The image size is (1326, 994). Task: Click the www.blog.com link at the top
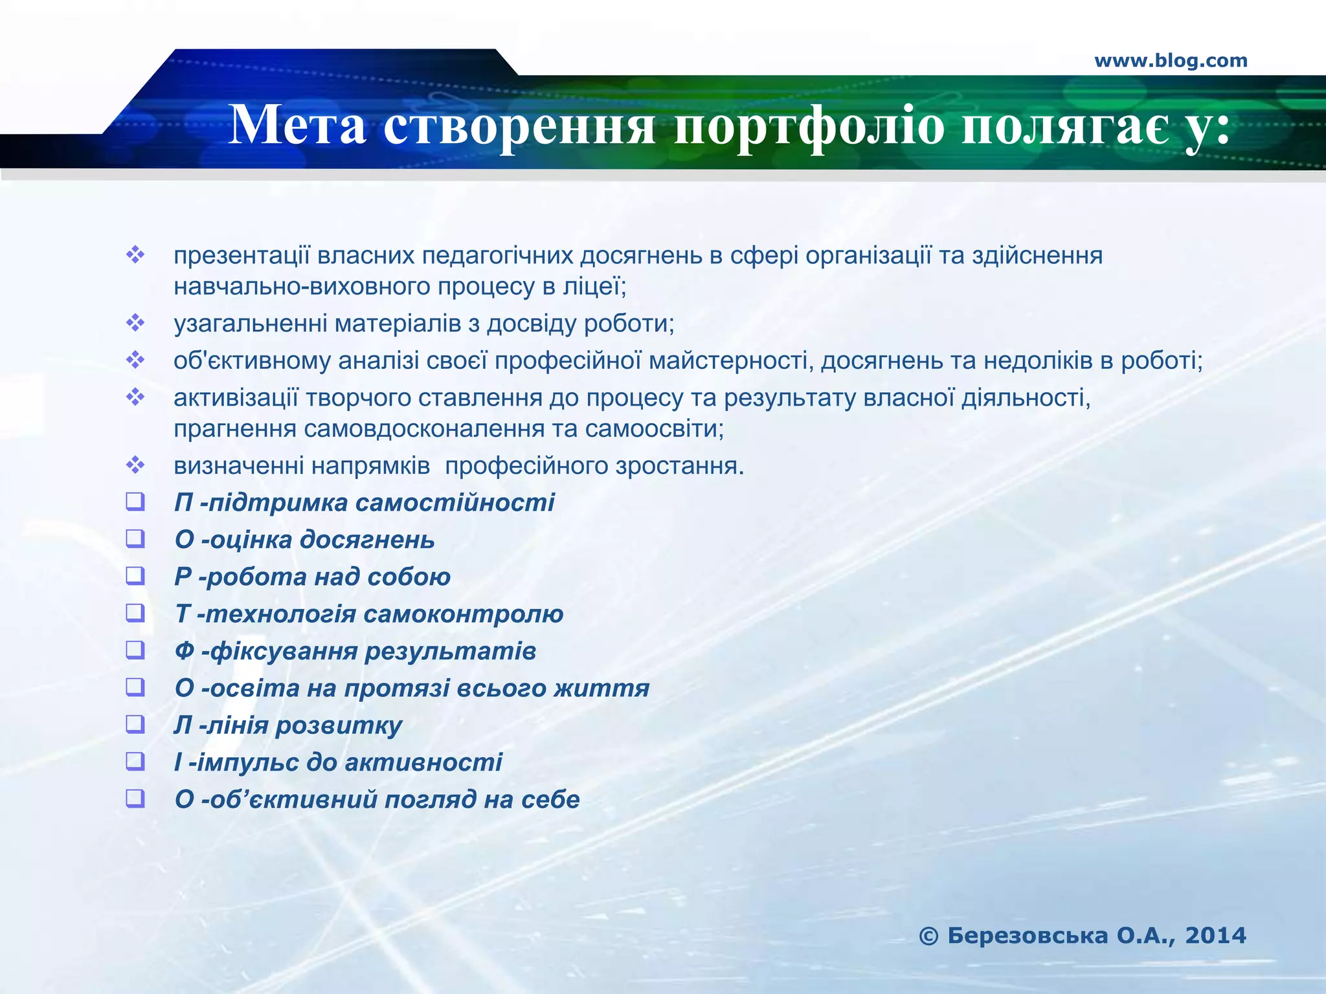tap(1171, 61)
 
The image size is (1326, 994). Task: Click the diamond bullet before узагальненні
tap(135, 322)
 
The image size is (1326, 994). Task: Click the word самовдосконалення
tap(423, 428)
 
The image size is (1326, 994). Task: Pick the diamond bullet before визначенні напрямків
tap(135, 465)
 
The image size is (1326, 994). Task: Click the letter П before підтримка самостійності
tap(183, 503)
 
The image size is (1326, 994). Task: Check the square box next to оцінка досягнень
tap(135, 538)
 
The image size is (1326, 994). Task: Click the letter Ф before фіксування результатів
tap(185, 651)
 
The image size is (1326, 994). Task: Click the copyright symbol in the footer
tap(928, 936)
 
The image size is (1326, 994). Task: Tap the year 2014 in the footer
tap(1215, 935)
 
